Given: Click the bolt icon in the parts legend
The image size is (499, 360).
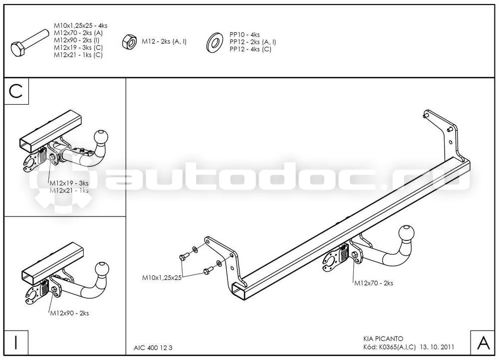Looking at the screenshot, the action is (29, 43).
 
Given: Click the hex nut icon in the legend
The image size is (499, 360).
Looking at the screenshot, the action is (129, 42).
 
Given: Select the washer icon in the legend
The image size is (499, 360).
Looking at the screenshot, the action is (215, 42).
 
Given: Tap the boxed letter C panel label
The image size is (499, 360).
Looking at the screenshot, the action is (16, 91).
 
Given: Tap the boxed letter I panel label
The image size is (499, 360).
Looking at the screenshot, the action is (16, 343).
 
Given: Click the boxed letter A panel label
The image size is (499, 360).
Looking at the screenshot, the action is (483, 343).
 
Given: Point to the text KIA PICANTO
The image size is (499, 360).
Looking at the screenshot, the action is (383, 339).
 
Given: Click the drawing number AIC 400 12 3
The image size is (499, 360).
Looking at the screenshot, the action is (153, 348).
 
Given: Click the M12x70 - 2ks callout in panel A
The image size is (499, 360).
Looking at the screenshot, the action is (374, 283).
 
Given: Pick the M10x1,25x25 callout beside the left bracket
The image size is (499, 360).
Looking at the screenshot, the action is (162, 278).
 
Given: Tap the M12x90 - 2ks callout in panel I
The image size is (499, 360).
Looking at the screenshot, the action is (69, 313).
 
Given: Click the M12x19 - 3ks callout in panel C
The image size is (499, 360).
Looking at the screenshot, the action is (69, 183).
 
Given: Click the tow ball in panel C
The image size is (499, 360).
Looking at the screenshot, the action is (101, 137).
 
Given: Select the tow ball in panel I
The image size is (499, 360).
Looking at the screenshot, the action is (102, 269).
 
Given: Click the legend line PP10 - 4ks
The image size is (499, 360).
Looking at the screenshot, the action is (245, 35).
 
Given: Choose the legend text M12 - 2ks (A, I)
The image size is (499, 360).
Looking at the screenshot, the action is (164, 42).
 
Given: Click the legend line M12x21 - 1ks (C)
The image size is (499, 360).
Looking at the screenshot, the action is (78, 55).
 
